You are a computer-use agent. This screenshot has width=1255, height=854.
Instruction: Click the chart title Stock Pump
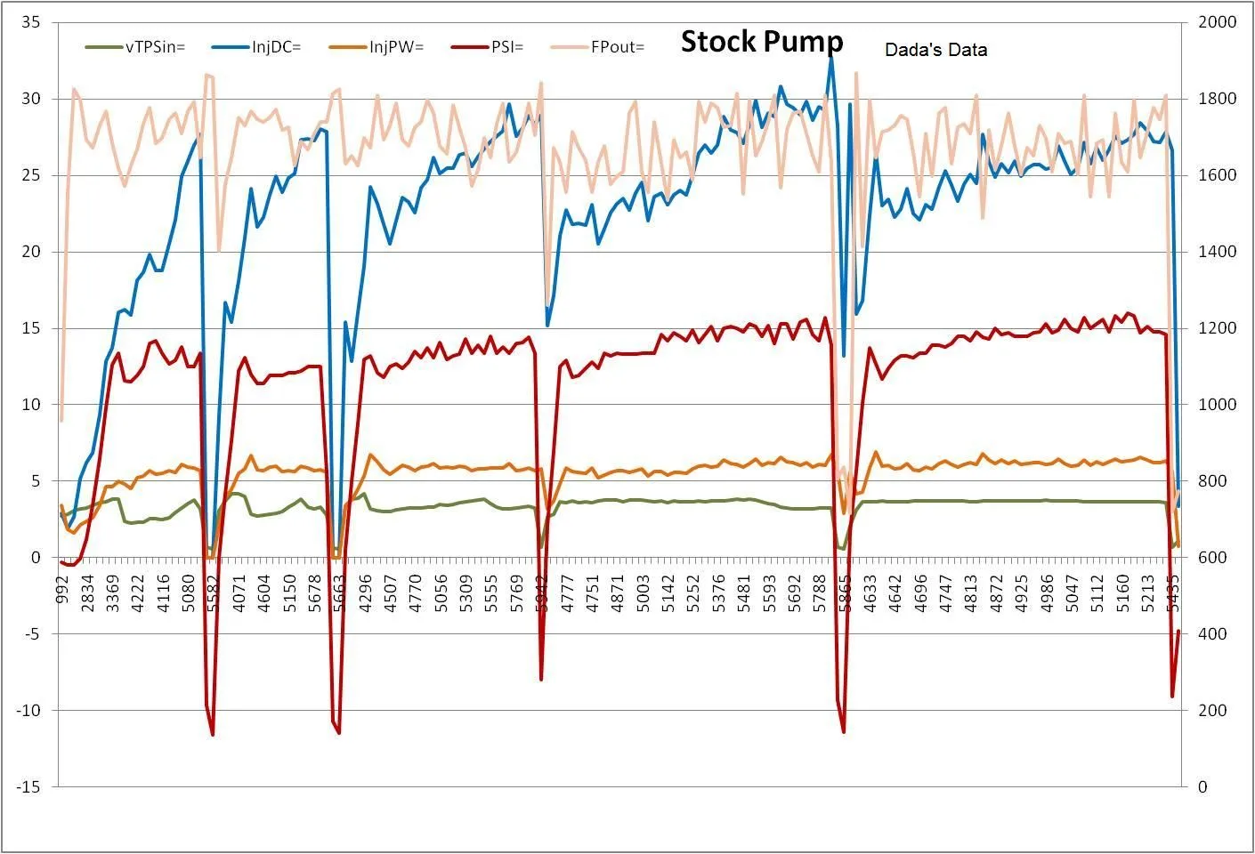(762, 42)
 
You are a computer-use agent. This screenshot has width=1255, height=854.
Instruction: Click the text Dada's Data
(935, 51)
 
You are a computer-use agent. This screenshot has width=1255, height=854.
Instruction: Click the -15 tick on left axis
(28, 786)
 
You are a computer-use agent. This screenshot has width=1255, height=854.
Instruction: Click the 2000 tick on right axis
(1217, 22)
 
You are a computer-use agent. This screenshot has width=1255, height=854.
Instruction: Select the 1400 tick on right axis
(1217, 252)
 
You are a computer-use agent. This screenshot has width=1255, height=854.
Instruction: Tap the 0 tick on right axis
(1202, 786)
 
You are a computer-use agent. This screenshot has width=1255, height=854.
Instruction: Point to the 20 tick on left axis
(30, 252)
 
